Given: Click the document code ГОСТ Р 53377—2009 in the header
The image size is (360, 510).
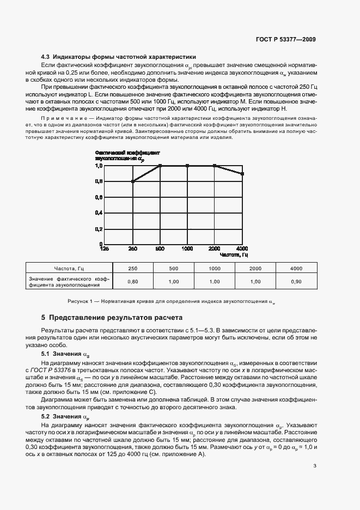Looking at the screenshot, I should click(285, 39).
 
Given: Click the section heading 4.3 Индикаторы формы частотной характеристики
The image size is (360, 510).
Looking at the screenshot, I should click(119, 57).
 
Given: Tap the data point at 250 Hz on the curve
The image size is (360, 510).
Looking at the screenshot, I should click(133, 181).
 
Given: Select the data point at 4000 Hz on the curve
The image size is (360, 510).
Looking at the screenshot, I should click(242, 174).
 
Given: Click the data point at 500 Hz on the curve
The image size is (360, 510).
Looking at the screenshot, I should click(160, 166).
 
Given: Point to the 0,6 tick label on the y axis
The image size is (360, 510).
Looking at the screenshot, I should click(99, 197).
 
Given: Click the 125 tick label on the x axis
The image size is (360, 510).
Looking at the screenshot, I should click(105, 249).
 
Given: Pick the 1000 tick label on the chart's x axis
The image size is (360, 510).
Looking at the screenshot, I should click(187, 249).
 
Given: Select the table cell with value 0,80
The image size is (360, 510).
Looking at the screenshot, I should click(132, 282).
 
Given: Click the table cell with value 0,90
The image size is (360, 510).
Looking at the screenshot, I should click(296, 282).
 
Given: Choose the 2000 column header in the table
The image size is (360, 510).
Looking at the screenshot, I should click(255, 269).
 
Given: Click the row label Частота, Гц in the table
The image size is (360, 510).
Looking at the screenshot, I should click(69, 269).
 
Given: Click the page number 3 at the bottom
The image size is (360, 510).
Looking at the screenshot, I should click(315, 466).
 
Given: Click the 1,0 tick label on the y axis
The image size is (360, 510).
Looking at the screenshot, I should click(99, 166).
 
